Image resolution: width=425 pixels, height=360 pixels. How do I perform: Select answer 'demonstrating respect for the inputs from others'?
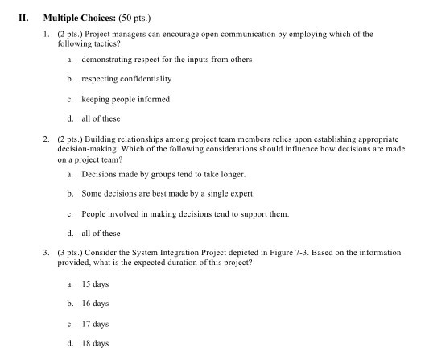(x=167, y=60)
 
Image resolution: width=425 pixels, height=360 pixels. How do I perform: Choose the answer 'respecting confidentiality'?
(x=126, y=79)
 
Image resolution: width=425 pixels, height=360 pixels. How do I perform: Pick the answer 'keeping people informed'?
(x=125, y=99)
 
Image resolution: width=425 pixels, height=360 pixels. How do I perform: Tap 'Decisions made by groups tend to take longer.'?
(x=163, y=174)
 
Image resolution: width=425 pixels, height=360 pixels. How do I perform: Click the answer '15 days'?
(x=94, y=284)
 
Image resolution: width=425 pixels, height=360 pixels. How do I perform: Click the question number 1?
(x=48, y=35)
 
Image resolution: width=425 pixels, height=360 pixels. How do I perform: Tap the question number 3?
(x=48, y=252)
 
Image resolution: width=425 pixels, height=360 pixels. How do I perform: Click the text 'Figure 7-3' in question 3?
(x=288, y=252)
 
